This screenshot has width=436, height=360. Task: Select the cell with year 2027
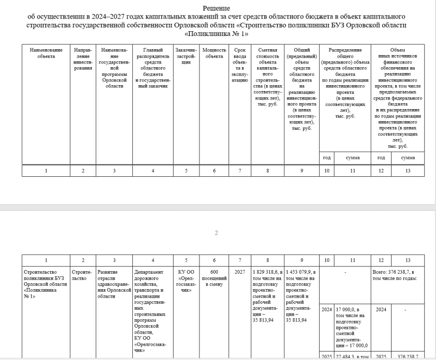pos(239,272)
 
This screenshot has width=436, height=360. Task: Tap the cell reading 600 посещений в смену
pos(214,278)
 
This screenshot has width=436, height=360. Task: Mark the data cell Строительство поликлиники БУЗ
pos(46,284)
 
